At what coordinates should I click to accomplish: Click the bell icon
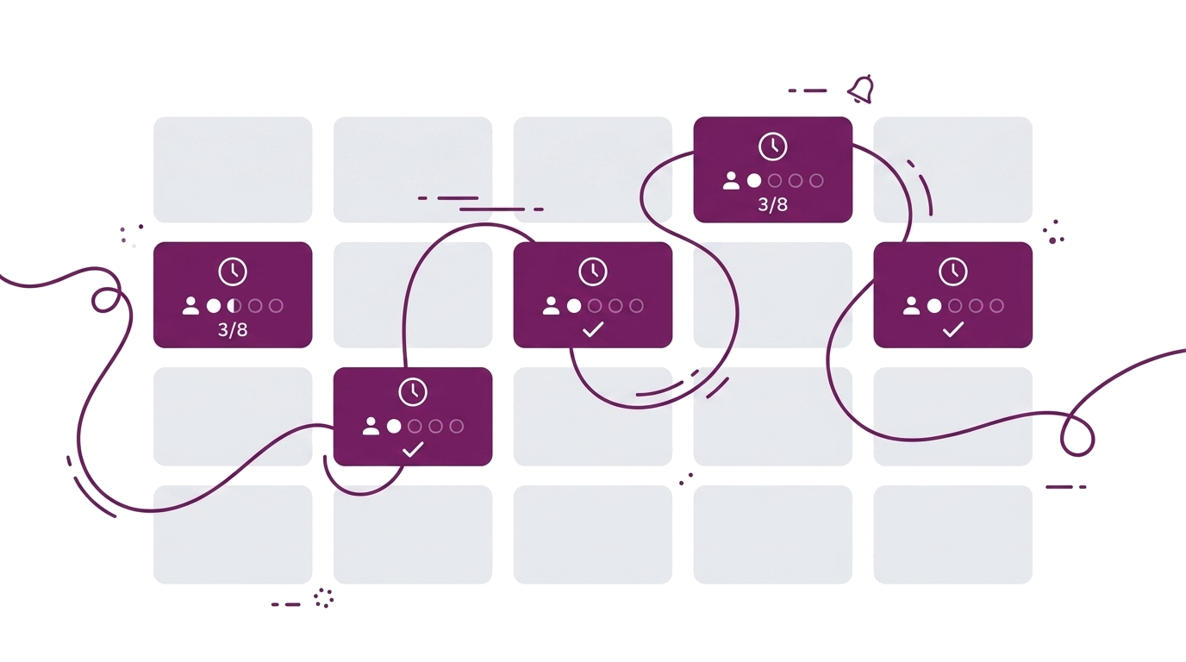click(x=860, y=90)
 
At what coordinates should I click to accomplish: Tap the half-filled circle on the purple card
click(x=234, y=306)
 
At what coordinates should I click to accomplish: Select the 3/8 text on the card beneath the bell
click(x=772, y=204)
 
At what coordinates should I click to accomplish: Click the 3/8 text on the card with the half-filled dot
click(x=233, y=330)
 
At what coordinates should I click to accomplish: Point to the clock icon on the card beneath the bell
click(x=772, y=147)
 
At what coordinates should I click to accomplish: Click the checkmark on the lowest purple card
click(x=413, y=450)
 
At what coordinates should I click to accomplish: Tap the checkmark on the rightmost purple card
click(x=953, y=329)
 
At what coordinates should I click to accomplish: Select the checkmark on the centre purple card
click(x=593, y=329)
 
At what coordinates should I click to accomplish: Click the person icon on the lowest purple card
click(x=371, y=426)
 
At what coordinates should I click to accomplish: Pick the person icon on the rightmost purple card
click(x=911, y=306)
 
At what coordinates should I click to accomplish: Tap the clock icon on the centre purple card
click(x=593, y=272)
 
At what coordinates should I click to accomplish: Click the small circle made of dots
click(x=323, y=597)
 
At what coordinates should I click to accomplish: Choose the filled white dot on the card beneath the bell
click(x=754, y=181)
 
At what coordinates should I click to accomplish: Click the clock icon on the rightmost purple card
click(x=953, y=272)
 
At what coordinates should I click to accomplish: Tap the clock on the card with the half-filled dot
click(x=233, y=272)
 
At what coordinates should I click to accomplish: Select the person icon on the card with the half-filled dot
click(x=190, y=306)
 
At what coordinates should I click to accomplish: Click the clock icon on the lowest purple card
click(x=413, y=392)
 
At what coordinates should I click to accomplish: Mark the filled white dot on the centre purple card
click(x=573, y=306)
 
